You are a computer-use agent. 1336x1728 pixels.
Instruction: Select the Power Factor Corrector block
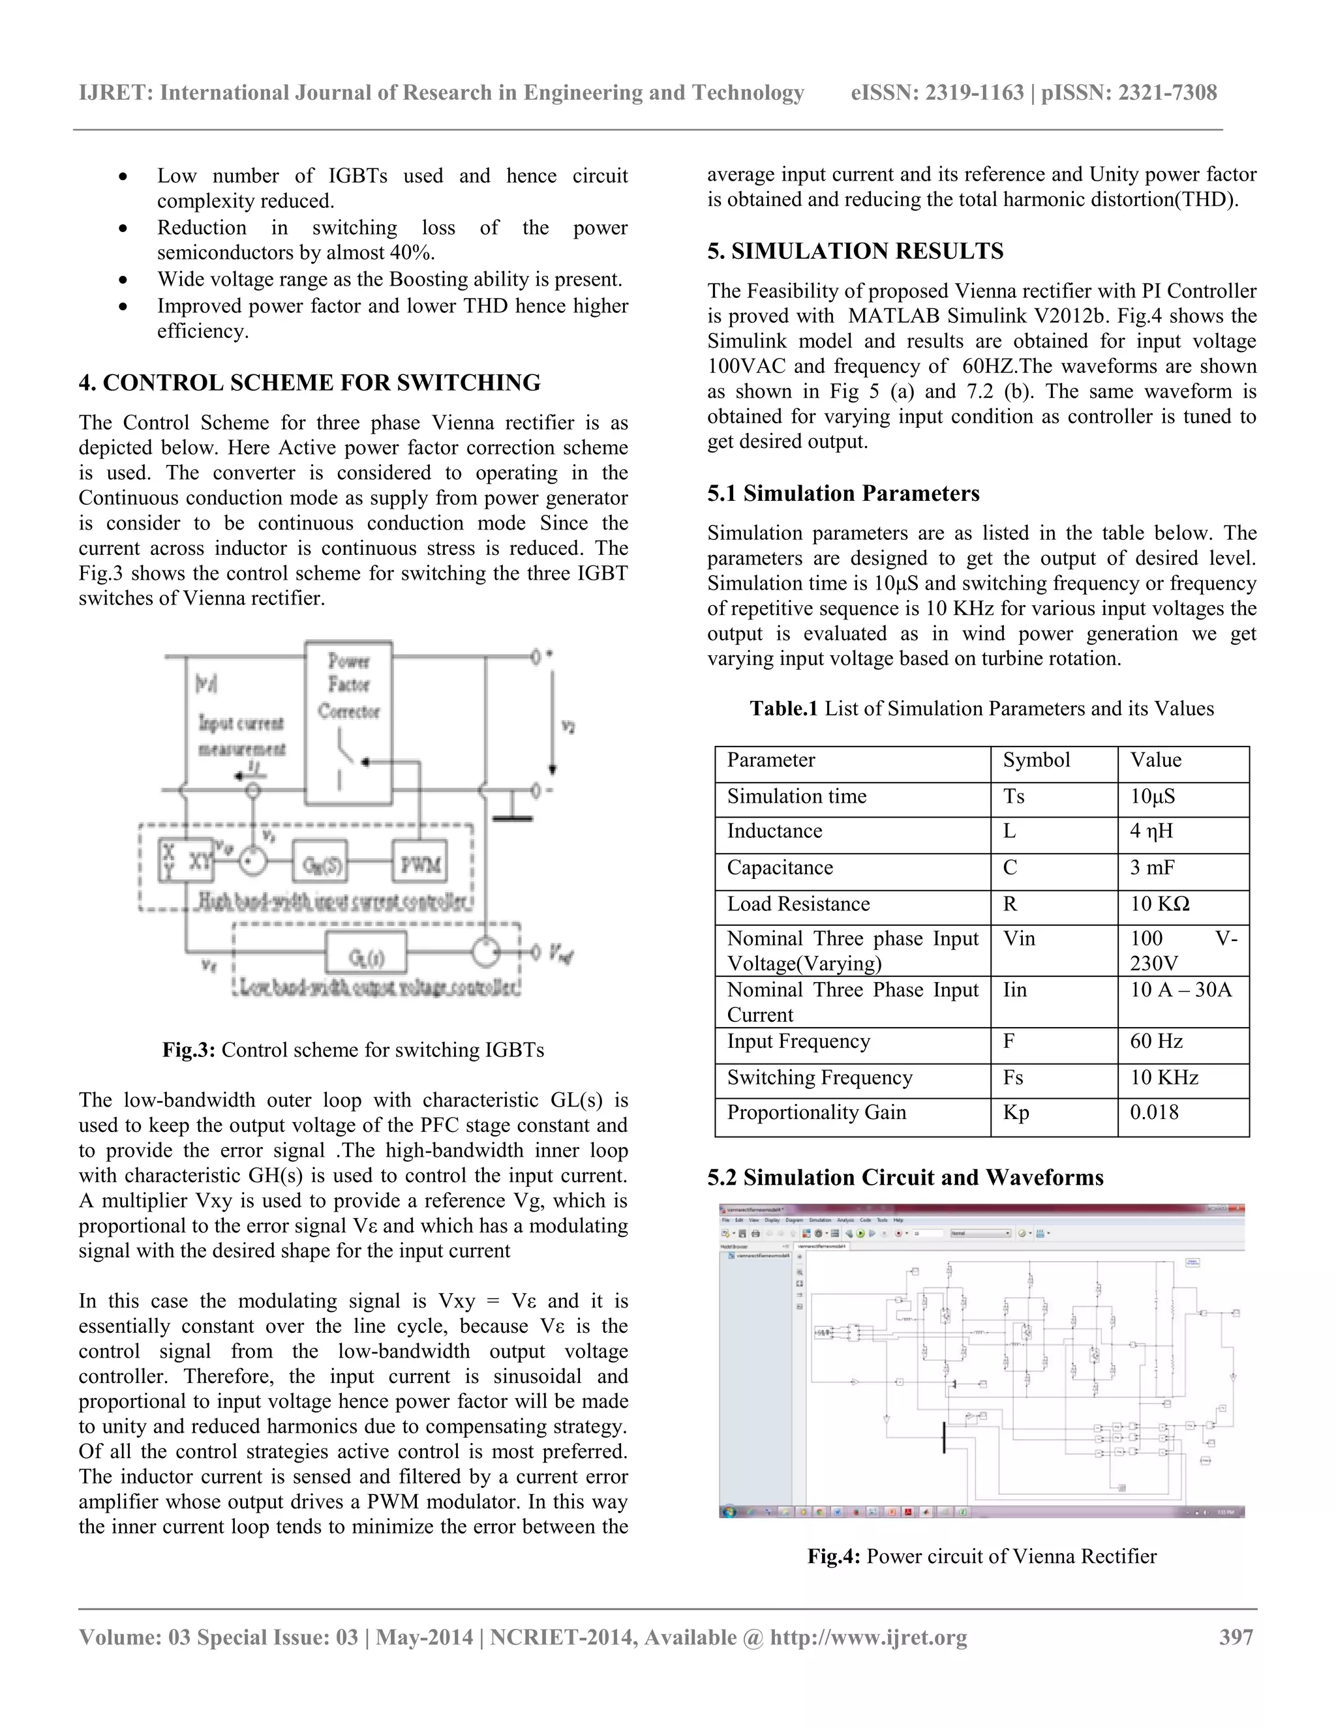[348, 722]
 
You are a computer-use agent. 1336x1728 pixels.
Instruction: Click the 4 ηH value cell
[1151, 831]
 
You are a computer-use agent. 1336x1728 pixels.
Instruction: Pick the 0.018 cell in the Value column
[1154, 1112]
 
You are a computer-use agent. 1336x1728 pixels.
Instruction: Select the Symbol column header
[1036, 760]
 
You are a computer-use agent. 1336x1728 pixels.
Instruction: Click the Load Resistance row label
[798, 904]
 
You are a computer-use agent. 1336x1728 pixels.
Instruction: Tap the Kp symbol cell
[1016, 1112]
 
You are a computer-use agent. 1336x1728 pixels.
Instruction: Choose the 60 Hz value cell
[1157, 1041]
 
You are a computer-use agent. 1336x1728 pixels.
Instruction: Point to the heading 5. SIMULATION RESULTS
[855, 252]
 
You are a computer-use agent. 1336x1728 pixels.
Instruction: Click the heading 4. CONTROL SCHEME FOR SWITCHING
[309, 383]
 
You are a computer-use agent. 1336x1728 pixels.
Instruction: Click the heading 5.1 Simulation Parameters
[843, 494]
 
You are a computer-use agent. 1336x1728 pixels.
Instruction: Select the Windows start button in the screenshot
[729, 1512]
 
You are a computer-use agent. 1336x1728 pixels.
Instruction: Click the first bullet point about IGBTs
[392, 188]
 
